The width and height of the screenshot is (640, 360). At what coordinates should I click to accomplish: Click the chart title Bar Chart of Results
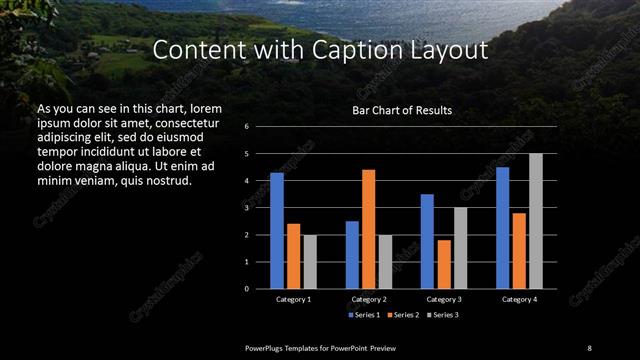click(401, 110)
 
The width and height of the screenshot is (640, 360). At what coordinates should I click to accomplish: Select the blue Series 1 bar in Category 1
click(277, 231)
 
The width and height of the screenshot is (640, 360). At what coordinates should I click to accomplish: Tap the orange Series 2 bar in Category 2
click(368, 229)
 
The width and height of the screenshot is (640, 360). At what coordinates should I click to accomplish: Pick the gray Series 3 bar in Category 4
click(535, 221)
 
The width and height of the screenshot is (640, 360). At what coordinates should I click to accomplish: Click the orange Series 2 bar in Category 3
click(444, 264)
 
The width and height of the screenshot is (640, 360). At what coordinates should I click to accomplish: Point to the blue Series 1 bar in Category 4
click(502, 228)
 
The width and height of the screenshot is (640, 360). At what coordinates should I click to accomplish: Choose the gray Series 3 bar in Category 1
click(309, 262)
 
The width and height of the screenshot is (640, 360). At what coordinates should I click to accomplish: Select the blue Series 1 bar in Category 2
click(352, 255)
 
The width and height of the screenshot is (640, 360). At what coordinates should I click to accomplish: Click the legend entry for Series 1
click(366, 315)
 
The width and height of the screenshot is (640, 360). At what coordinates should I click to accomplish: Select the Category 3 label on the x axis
click(444, 299)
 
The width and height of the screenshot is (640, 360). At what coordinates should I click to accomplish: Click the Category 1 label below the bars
click(293, 299)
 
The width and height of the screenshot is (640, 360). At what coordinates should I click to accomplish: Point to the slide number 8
click(589, 347)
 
